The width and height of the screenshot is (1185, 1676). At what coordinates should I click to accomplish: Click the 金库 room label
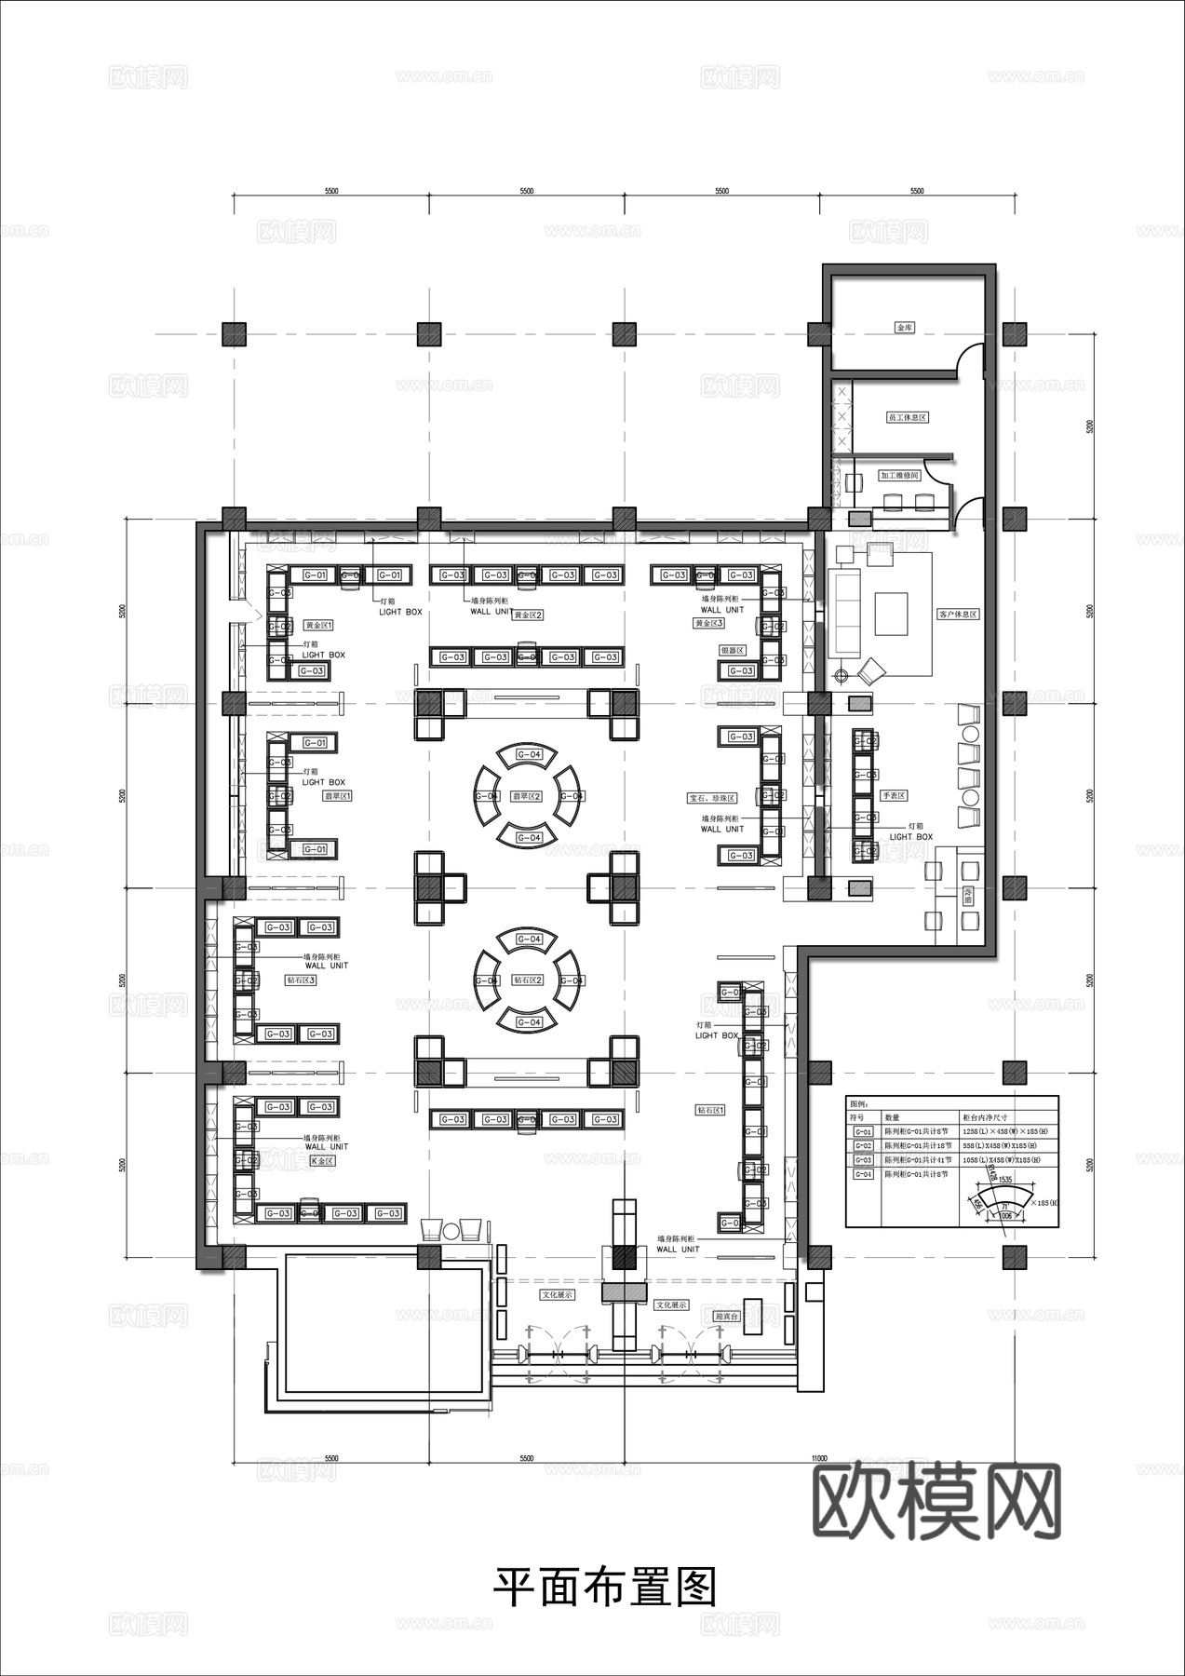coord(904,328)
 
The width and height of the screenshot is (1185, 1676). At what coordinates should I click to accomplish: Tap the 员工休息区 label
coord(907,418)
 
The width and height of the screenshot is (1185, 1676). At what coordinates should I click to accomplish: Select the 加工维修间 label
coord(899,476)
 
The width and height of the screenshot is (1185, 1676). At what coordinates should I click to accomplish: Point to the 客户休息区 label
coord(958,615)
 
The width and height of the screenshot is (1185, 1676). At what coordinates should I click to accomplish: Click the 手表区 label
coord(893,796)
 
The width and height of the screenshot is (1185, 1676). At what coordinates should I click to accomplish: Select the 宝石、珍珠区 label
coord(712,798)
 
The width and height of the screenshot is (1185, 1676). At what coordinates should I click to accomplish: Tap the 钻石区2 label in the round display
coord(528,980)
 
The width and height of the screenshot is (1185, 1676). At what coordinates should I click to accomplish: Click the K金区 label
coord(321,1161)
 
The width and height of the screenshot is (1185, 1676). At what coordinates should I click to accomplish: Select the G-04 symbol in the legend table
coord(863,1175)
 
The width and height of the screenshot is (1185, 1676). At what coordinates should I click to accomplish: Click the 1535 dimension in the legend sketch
coord(1005,1179)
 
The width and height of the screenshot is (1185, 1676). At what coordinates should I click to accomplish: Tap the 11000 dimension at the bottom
coord(818,1458)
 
